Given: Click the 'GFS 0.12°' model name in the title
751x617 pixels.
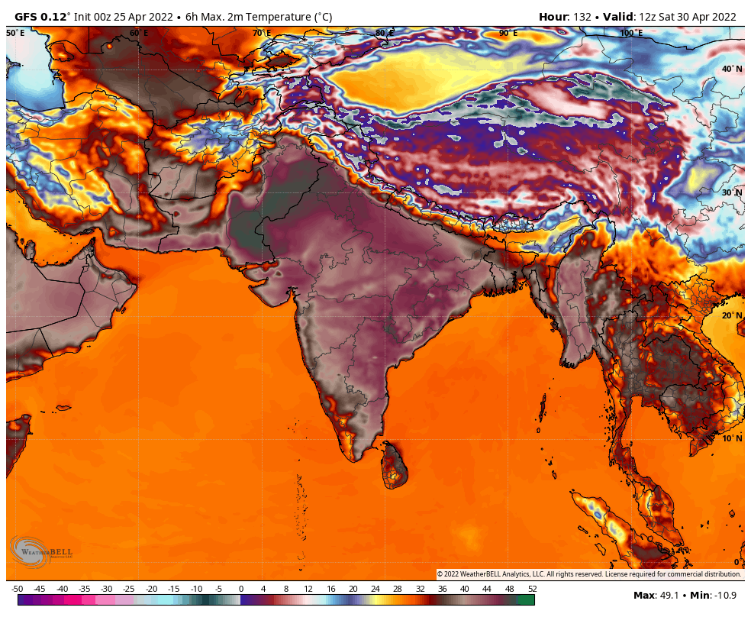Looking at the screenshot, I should [x=42, y=17].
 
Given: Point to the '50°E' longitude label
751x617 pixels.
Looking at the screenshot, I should [x=15, y=33].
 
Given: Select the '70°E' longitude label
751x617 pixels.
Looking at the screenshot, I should [x=262, y=33].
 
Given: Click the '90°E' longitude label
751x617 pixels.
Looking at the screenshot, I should [x=508, y=33].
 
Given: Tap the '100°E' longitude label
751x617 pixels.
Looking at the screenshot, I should [x=630, y=33].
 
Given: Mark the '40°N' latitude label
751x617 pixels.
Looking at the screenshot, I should [x=732, y=69].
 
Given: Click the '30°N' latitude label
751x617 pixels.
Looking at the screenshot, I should [x=732, y=192].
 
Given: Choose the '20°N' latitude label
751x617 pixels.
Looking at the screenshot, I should [x=732, y=315].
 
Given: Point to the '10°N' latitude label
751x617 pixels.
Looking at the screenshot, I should [x=732, y=438].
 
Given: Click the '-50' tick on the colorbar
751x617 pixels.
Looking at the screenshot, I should [x=18, y=589].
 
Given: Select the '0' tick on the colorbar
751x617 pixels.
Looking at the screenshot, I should [x=241, y=589].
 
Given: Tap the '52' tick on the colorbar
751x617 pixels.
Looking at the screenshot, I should [x=532, y=589].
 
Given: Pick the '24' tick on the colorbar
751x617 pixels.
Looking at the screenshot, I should [x=375, y=589].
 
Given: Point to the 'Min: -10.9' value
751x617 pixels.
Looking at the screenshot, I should [x=714, y=595].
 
